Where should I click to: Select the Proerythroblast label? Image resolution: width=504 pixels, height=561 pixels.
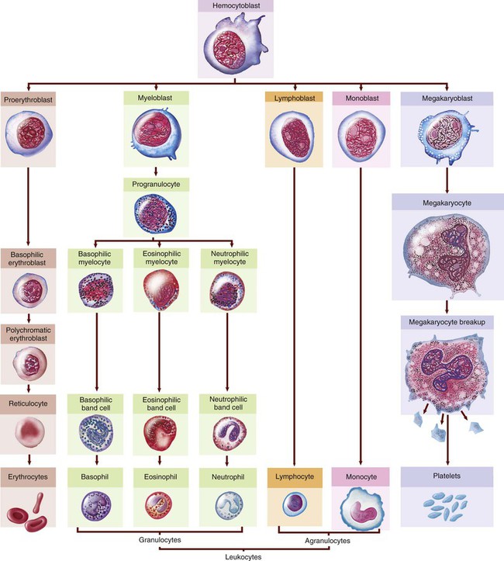(x=30, y=99)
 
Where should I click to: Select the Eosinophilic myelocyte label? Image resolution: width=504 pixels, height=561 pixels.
(x=159, y=258)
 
